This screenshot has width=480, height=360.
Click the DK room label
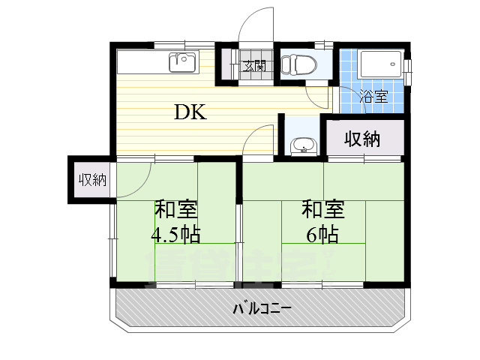[x=190, y=112]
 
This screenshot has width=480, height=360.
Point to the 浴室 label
[x=373, y=97]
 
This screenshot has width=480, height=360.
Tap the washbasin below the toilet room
[x=302, y=144]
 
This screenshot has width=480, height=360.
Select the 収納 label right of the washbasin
[x=362, y=139]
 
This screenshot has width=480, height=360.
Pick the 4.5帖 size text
[x=175, y=235]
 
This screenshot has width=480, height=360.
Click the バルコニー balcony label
[x=261, y=309]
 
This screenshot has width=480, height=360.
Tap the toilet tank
[x=286, y=64]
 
